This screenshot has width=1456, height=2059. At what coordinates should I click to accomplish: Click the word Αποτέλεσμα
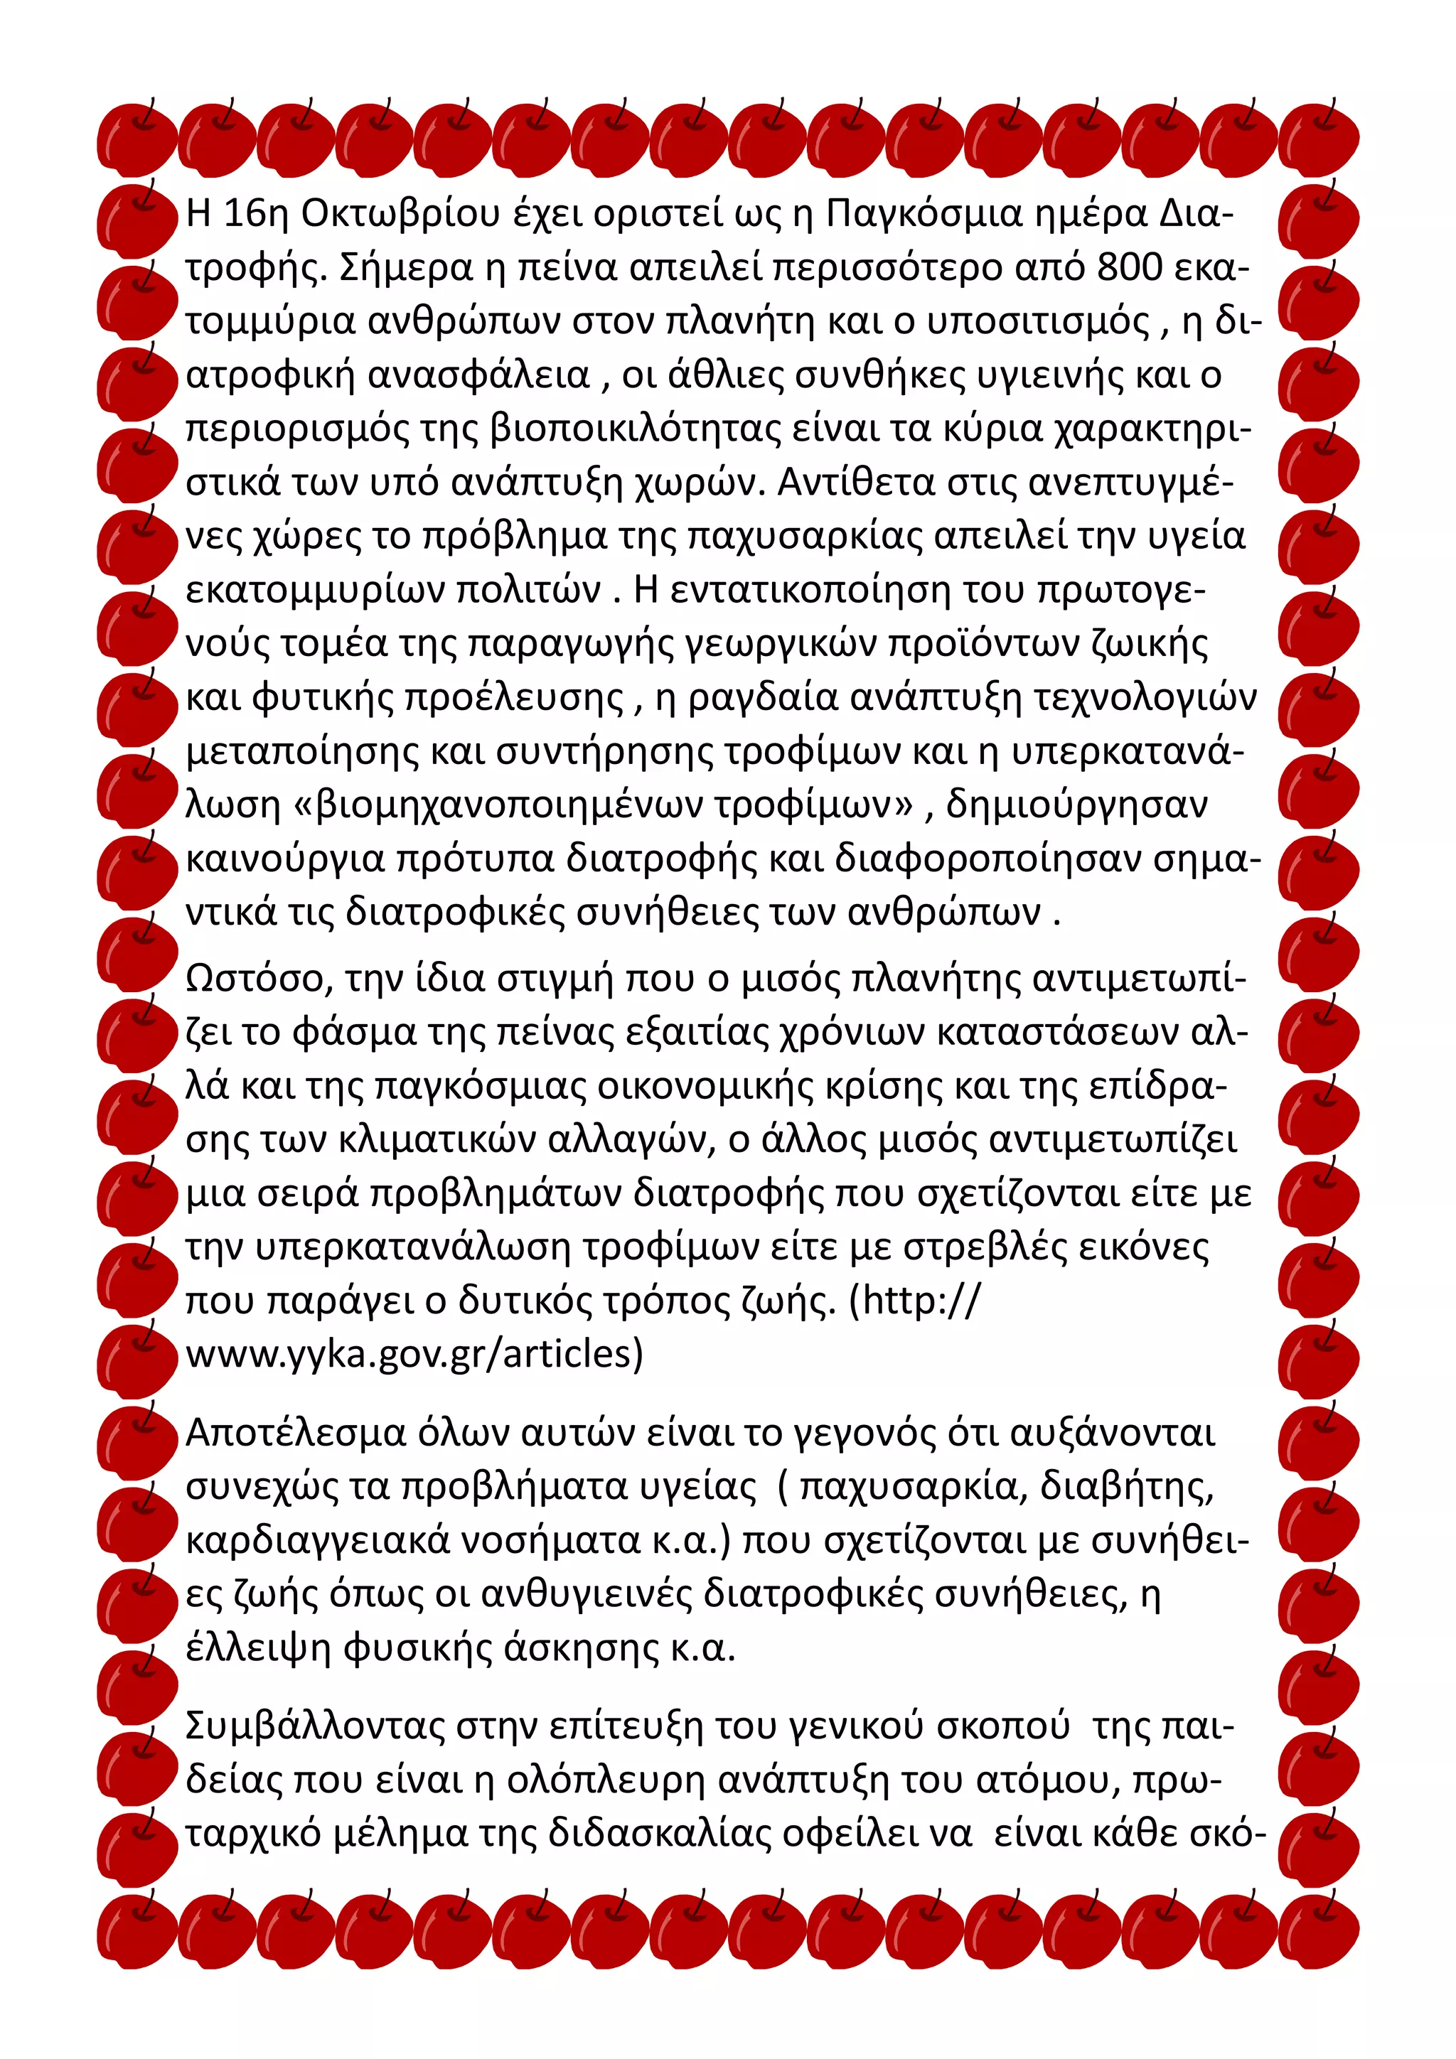(x=296, y=1432)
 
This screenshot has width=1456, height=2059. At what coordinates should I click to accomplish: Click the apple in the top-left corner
(x=136, y=139)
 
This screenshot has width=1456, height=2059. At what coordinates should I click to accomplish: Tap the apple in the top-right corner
(x=1318, y=139)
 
